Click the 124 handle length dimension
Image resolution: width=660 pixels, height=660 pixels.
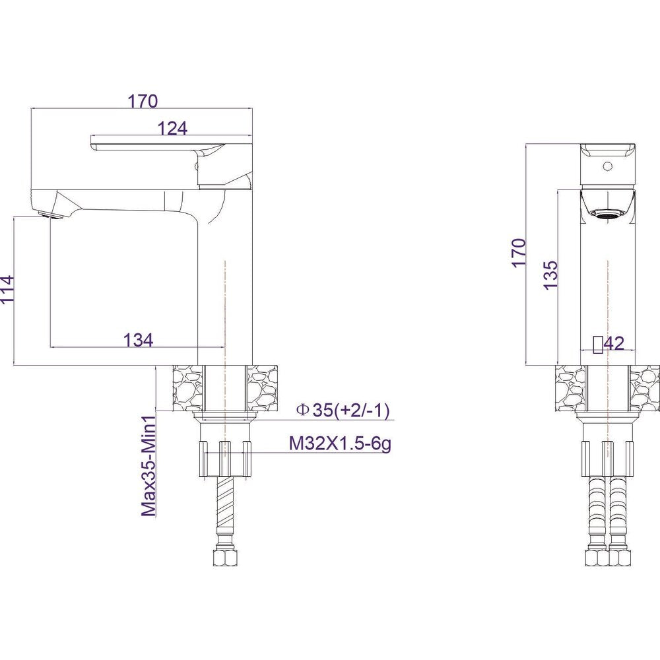click(172, 129)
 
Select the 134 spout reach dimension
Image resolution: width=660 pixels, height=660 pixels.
click(138, 340)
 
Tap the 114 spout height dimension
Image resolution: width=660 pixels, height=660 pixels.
click(7, 289)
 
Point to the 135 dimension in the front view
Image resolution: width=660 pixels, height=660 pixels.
click(550, 275)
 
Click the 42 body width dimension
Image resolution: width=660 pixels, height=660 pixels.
click(614, 344)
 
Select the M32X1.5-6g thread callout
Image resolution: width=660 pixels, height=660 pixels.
click(340, 444)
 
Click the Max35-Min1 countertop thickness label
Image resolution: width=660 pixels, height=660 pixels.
click(148, 465)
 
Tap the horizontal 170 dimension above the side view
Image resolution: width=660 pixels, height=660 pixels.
click(143, 102)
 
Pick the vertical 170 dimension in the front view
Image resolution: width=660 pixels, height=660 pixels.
click(519, 251)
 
